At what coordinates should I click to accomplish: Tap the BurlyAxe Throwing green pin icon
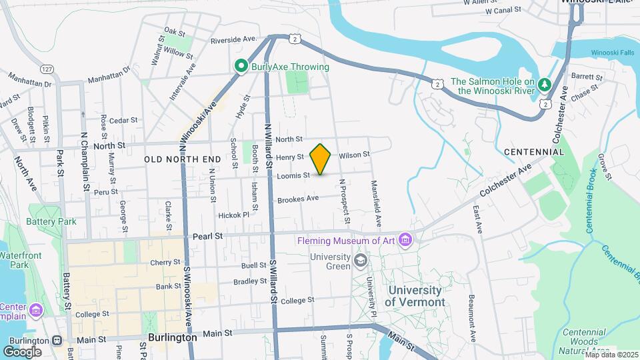tap(240, 66)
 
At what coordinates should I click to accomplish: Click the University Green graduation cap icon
tap(361, 259)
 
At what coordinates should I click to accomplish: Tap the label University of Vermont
tap(414, 296)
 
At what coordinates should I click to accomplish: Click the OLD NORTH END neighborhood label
tap(182, 159)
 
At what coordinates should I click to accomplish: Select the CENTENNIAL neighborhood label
tap(535, 152)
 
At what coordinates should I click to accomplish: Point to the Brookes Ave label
tap(298, 199)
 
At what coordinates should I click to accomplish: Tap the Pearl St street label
tap(207, 236)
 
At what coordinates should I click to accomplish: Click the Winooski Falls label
tap(614, 53)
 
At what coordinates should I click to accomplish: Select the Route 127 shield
tap(46, 69)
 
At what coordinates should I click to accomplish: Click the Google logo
tap(22, 351)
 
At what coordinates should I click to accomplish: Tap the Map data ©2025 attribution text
tap(611, 355)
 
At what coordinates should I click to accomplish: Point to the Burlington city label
tap(173, 337)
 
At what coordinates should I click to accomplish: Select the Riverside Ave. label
tap(233, 40)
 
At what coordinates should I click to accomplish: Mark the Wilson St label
tap(354, 155)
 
